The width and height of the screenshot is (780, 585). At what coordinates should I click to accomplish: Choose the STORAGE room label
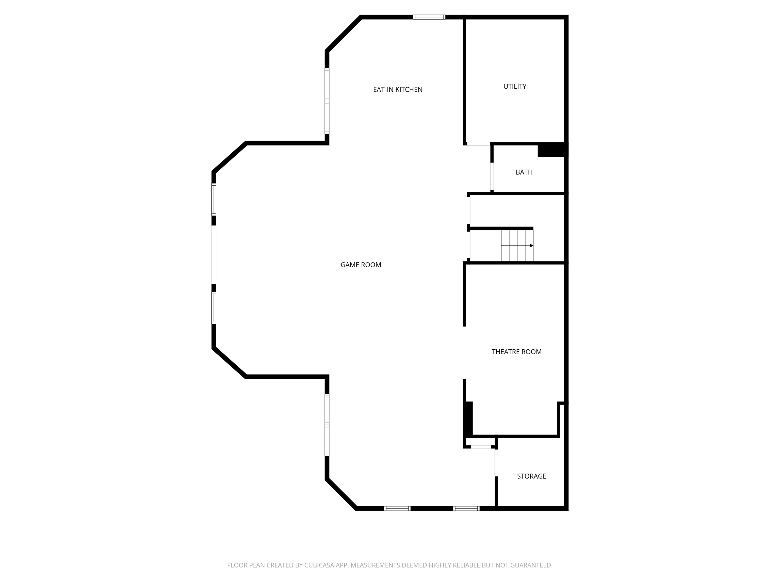531,476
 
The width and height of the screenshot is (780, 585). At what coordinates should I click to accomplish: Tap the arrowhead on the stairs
531,246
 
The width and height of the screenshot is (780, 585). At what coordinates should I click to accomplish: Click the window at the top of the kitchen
429,17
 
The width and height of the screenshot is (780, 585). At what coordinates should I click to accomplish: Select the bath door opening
492,176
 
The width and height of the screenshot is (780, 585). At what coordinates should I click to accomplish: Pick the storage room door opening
496,463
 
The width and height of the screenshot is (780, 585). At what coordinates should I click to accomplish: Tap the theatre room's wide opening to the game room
464,353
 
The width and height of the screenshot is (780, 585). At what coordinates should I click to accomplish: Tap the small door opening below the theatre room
481,447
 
